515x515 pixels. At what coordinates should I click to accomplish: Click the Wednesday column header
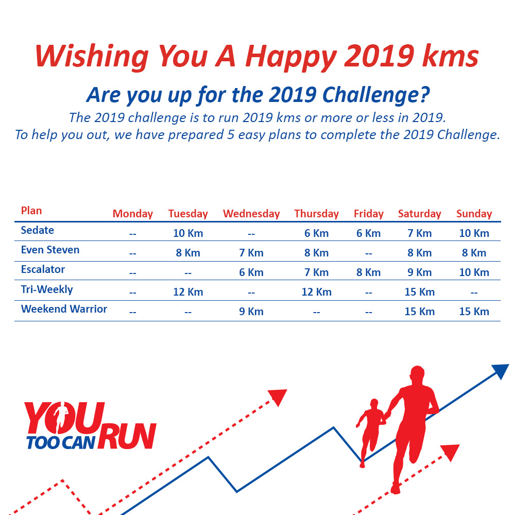click(251, 214)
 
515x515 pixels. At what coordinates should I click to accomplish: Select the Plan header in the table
click(31, 211)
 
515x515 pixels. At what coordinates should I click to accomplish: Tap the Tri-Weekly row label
click(47, 289)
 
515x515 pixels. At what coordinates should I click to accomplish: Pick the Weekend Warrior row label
click(64, 308)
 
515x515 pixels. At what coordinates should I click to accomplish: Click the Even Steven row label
click(50, 250)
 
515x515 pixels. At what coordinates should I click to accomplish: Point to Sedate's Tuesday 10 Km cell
click(188, 233)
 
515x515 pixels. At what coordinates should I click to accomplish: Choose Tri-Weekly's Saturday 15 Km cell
click(419, 292)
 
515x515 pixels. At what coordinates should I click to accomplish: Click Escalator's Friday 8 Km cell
click(369, 272)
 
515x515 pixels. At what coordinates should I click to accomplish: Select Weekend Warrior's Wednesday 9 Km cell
click(251, 312)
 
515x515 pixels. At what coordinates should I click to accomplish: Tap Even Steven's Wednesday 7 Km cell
click(251, 253)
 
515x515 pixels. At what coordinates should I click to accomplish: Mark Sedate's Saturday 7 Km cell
click(419, 233)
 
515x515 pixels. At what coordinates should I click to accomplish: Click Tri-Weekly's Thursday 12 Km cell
click(317, 292)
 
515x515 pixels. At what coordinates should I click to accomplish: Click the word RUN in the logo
click(127, 436)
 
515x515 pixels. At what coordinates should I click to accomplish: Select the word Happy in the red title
click(291, 57)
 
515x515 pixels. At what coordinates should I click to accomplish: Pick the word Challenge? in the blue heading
click(376, 95)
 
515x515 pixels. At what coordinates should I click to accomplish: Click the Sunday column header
click(474, 214)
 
